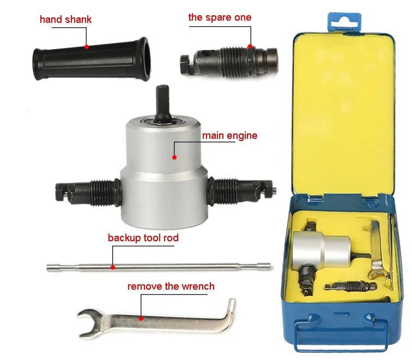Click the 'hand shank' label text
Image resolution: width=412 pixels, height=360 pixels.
[66, 20]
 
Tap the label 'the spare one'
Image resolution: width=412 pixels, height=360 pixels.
[220, 17]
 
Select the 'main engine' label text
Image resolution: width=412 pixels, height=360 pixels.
[229, 136]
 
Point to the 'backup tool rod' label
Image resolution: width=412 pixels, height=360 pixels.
[143, 238]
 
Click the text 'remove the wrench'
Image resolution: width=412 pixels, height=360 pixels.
[171, 286]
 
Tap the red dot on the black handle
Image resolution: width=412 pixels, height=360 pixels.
[87, 47]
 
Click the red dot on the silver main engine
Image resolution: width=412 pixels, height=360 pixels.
[174, 157]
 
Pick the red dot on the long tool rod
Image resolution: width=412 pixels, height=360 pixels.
[113, 267]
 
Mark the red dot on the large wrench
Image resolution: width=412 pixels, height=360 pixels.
[141, 319]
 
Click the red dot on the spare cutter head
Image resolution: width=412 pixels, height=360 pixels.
[250, 46]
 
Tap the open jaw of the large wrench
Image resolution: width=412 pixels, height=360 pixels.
[89, 324]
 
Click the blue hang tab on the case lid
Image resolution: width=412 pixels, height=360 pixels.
[344, 23]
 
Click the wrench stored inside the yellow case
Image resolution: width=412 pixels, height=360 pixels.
[378, 250]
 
